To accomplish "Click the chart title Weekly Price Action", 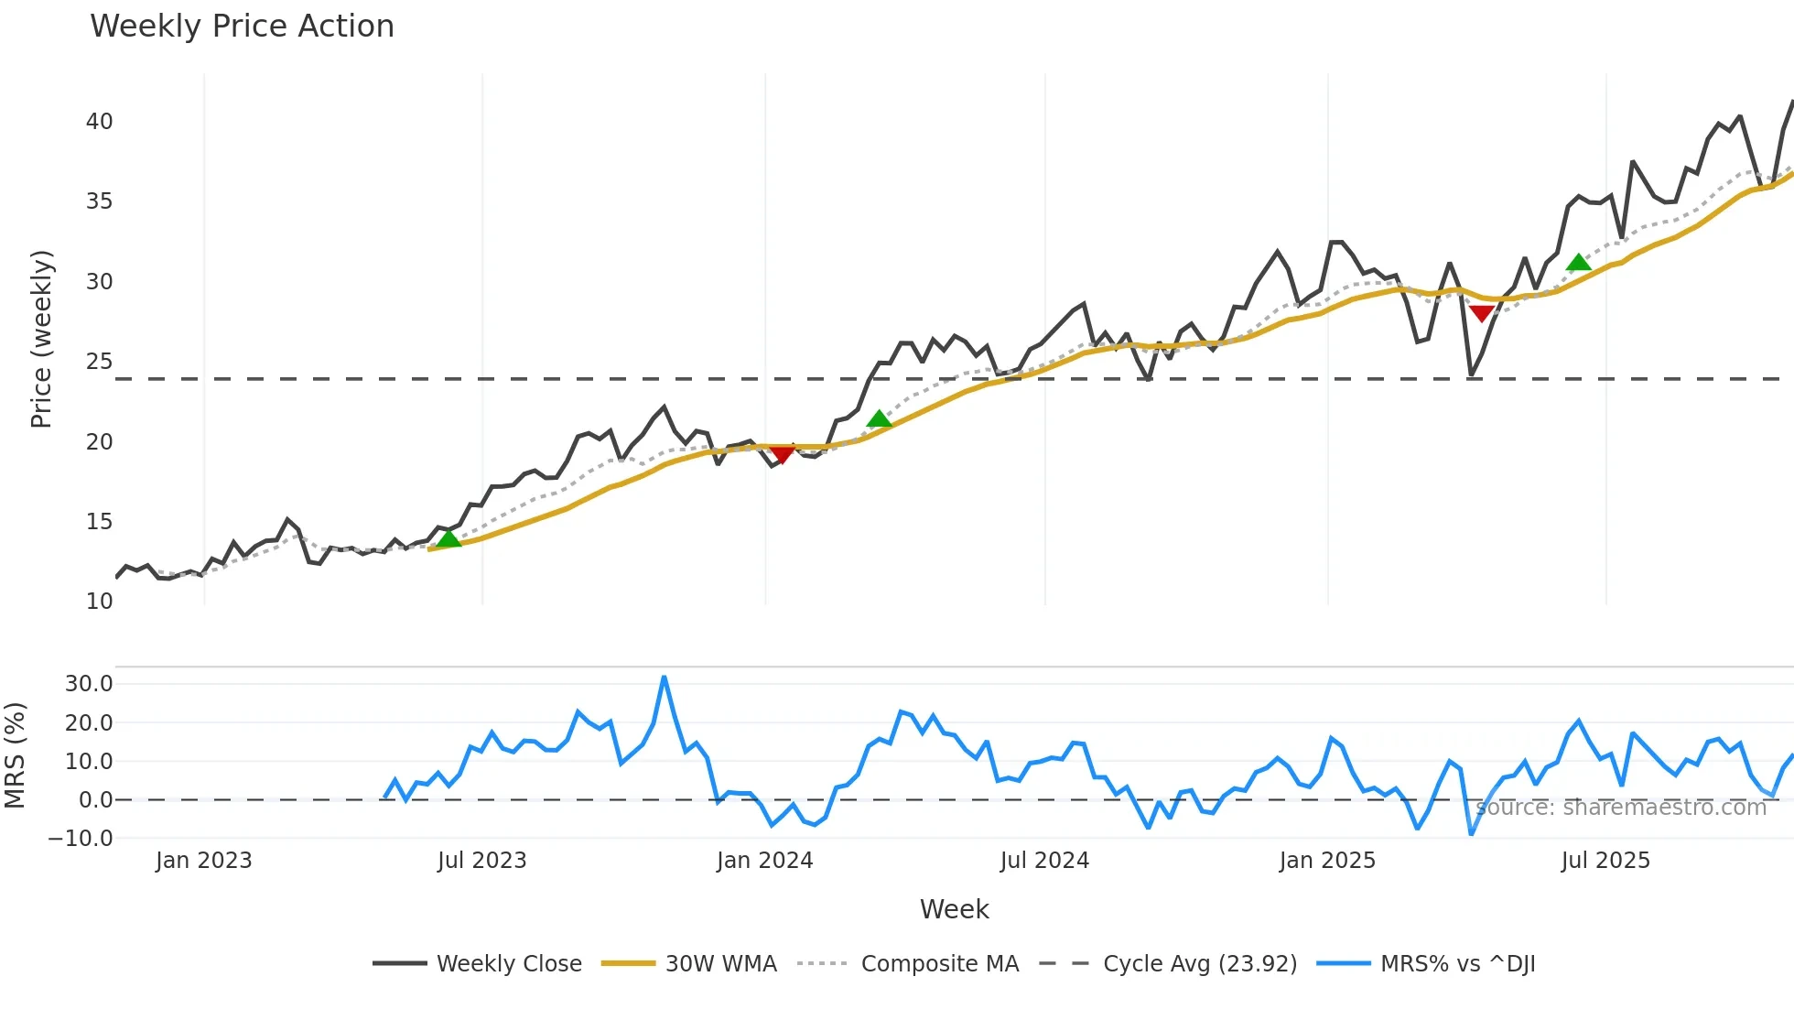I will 242,27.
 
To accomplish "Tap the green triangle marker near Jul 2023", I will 448,538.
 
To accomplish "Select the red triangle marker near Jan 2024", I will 782,454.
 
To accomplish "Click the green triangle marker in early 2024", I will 879,419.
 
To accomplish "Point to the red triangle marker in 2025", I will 1481,314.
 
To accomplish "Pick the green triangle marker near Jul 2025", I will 1579,263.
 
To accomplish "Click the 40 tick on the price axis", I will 100,122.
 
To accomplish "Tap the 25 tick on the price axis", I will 100,362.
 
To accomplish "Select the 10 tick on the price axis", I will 100,602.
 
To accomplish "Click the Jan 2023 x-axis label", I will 203,861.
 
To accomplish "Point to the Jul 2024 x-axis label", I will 1044,861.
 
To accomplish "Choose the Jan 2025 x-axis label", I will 1327,861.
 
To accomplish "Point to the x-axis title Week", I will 954,909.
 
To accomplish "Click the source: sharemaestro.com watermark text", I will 1621,808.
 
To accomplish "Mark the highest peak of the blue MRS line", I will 664,678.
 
